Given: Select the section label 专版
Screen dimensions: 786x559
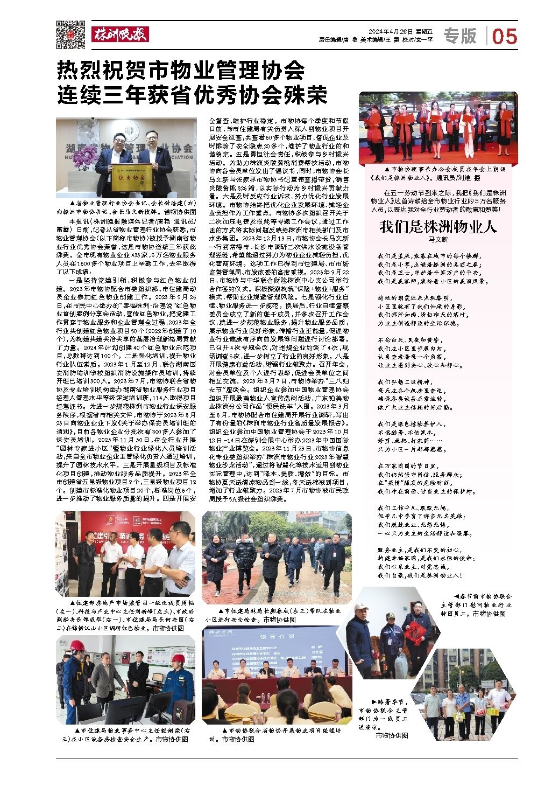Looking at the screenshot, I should (460, 36).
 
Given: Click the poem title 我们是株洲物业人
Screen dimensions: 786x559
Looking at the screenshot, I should (437, 227).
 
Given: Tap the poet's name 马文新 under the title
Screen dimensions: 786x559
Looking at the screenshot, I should (438, 239).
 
